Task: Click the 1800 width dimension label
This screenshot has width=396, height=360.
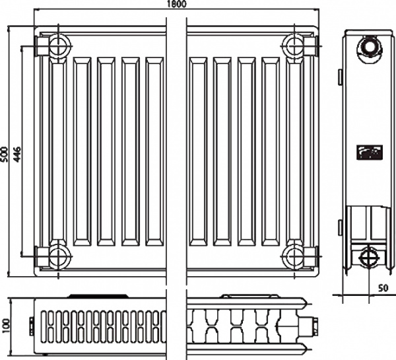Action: click(177, 4)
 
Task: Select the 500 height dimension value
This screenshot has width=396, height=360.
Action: click(5, 154)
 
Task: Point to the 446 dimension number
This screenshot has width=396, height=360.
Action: click(17, 154)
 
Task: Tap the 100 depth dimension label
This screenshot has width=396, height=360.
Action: click(5, 326)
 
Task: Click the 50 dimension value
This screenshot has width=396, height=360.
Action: click(383, 288)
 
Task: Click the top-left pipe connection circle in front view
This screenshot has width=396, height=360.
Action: click(59, 46)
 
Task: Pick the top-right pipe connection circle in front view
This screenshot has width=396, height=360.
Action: click(294, 46)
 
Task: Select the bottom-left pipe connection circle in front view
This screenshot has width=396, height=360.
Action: click(59, 256)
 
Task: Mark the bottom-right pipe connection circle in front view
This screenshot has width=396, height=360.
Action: click(294, 256)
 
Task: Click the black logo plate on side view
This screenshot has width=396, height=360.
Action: click(370, 152)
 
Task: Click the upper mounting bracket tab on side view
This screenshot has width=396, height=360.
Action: click(340, 77)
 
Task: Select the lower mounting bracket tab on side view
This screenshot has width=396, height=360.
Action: click(340, 229)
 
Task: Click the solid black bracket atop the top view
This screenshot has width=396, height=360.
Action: click(97, 296)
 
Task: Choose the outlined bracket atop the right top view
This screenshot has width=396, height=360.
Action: click(250, 297)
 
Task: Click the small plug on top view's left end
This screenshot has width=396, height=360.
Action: click(32, 326)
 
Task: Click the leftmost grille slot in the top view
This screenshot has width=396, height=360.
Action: click(44, 326)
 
